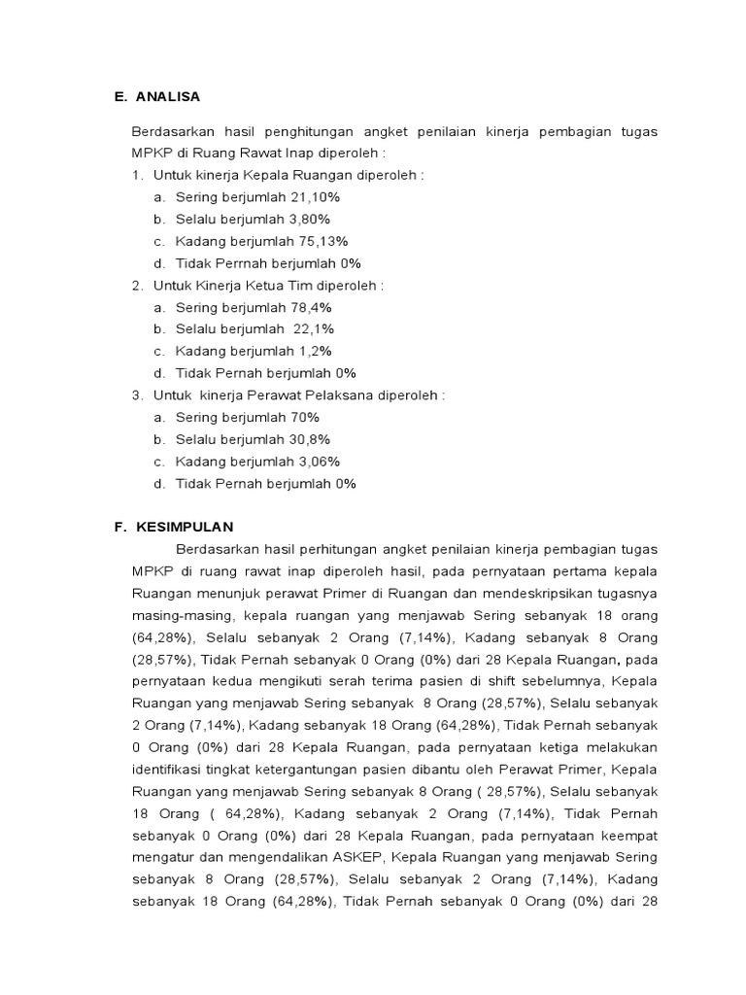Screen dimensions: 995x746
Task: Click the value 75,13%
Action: coord(321,241)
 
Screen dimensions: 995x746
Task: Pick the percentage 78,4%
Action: coord(311,307)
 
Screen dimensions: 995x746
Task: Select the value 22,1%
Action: coord(312,329)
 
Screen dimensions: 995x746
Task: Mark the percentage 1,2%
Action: coord(313,351)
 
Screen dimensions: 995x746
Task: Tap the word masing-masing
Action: coord(183,615)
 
